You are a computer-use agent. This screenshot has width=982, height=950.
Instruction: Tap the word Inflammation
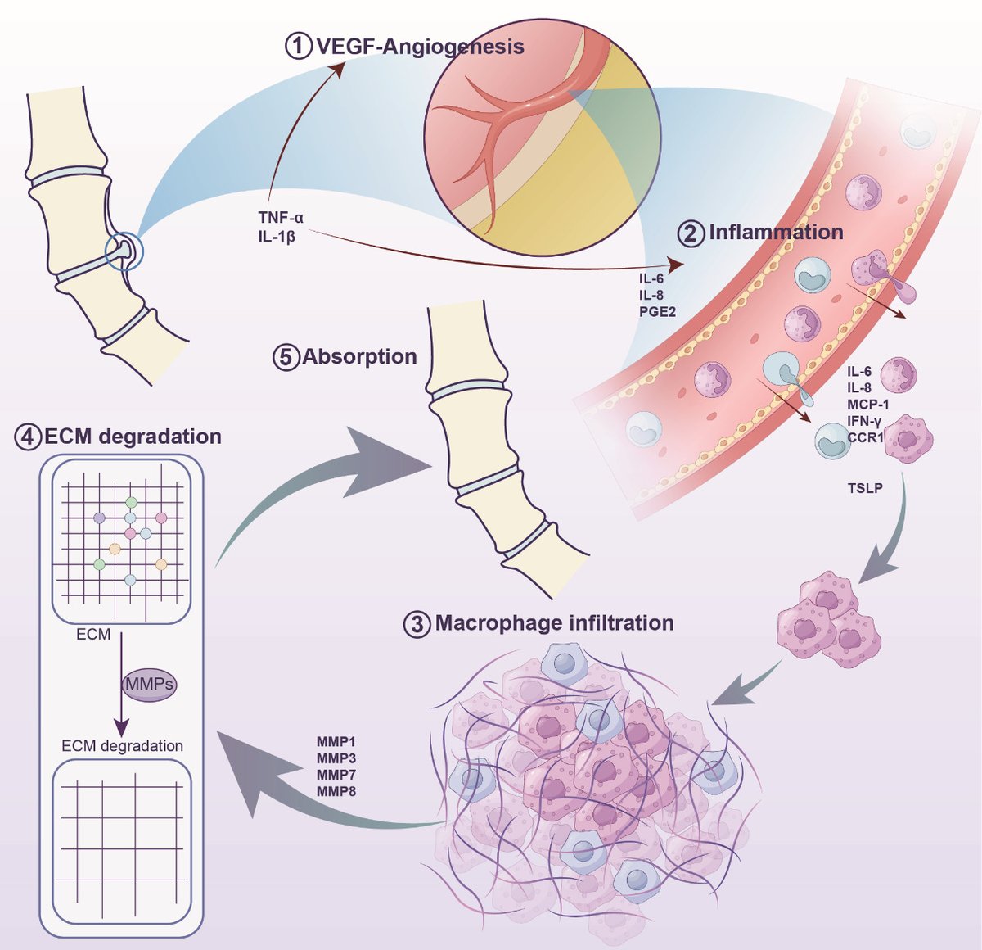click(776, 233)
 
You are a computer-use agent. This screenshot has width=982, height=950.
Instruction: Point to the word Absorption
click(359, 357)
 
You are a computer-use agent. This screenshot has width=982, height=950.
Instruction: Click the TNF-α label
click(281, 217)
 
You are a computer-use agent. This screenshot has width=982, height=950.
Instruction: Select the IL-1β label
click(277, 237)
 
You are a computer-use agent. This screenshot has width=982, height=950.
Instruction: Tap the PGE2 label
click(657, 311)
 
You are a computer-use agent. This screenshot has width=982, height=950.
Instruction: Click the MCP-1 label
click(868, 404)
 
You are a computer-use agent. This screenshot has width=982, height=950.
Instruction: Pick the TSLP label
click(865, 488)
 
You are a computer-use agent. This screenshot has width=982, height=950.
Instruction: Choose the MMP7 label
click(336, 774)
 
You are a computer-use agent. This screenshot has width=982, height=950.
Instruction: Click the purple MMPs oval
click(150, 685)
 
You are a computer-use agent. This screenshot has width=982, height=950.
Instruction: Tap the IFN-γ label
click(864, 421)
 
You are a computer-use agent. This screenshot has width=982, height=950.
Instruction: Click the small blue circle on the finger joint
click(124, 251)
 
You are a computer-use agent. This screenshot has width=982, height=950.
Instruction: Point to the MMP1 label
click(336, 741)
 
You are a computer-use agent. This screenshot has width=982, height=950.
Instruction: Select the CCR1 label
click(866, 437)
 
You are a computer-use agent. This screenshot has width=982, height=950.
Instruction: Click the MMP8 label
click(336, 791)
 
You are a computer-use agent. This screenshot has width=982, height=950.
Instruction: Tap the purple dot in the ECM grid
click(99, 518)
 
